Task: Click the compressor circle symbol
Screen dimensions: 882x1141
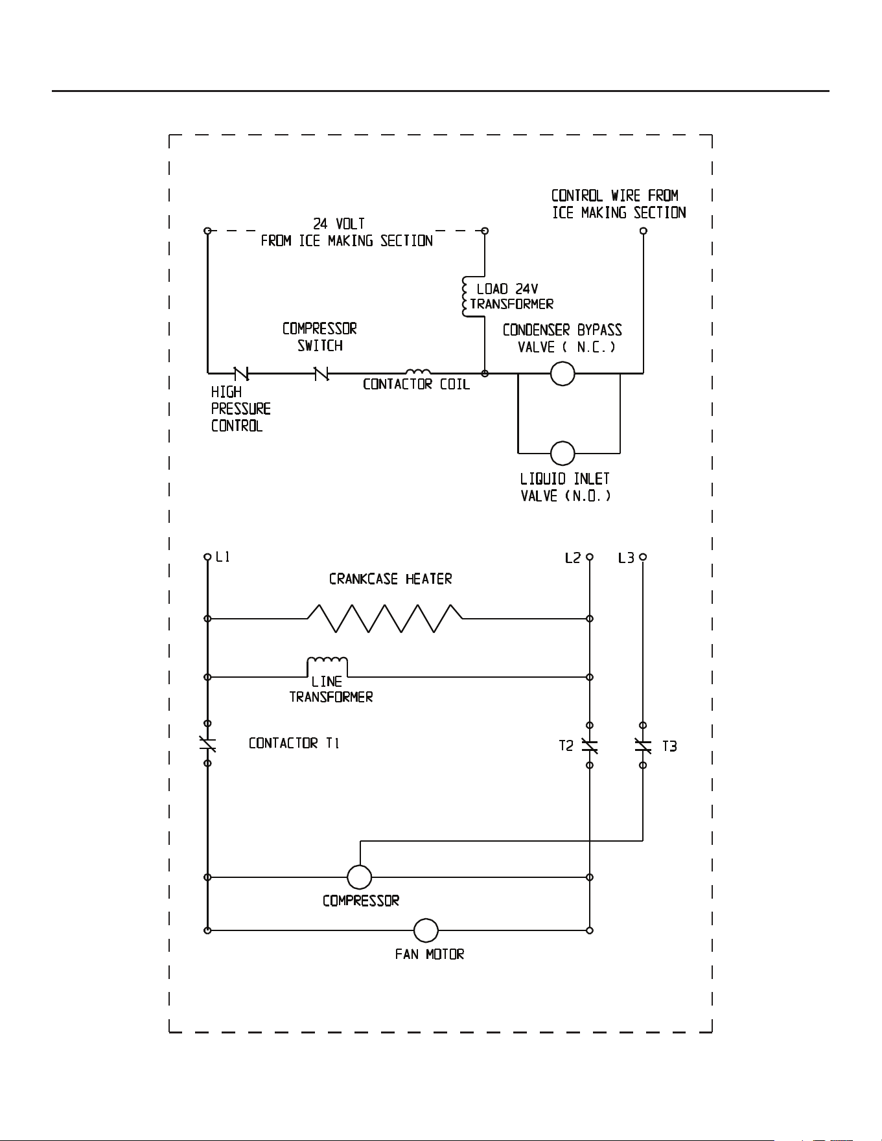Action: pyautogui.click(x=359, y=877)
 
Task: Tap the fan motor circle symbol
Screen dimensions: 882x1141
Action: pyautogui.click(x=426, y=930)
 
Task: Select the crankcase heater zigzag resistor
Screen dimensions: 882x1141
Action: pyautogui.click(x=385, y=618)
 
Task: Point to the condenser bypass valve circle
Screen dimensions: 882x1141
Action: pyautogui.click(x=562, y=373)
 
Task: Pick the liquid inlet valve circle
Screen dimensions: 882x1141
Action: pyautogui.click(x=562, y=454)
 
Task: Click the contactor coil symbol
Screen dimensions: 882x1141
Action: pyautogui.click(x=418, y=372)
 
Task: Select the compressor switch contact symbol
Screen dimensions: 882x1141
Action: pyautogui.click(x=321, y=373)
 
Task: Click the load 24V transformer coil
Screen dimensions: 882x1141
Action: pyautogui.click(x=465, y=297)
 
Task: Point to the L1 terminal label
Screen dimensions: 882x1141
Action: pyautogui.click(x=222, y=557)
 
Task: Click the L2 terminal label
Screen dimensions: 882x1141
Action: pyautogui.click(x=572, y=557)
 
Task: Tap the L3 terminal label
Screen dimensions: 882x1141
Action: pyautogui.click(x=626, y=557)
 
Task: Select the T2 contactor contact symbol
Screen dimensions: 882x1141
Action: pyautogui.click(x=589, y=746)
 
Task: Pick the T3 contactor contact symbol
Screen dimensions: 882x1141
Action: pyautogui.click(x=642, y=746)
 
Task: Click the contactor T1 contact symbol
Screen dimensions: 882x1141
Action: pyautogui.click(x=207, y=744)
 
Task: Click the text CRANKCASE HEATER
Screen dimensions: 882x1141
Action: pyautogui.click(x=390, y=579)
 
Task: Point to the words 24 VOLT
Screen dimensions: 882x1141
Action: pyautogui.click(x=339, y=224)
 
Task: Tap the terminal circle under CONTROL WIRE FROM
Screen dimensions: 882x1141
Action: pyautogui.click(x=643, y=231)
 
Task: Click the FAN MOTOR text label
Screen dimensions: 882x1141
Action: pyautogui.click(x=430, y=954)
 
